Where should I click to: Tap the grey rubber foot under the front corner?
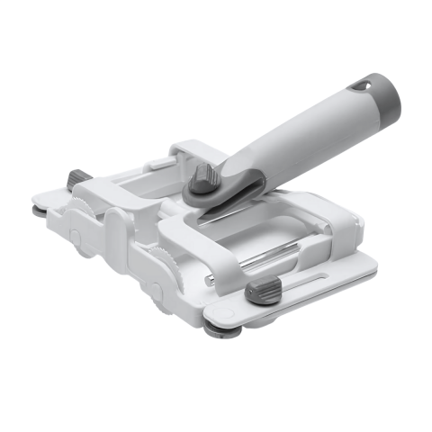(216, 329)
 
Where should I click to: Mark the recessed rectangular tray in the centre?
(261, 234)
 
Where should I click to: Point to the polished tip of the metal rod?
(208, 279)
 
